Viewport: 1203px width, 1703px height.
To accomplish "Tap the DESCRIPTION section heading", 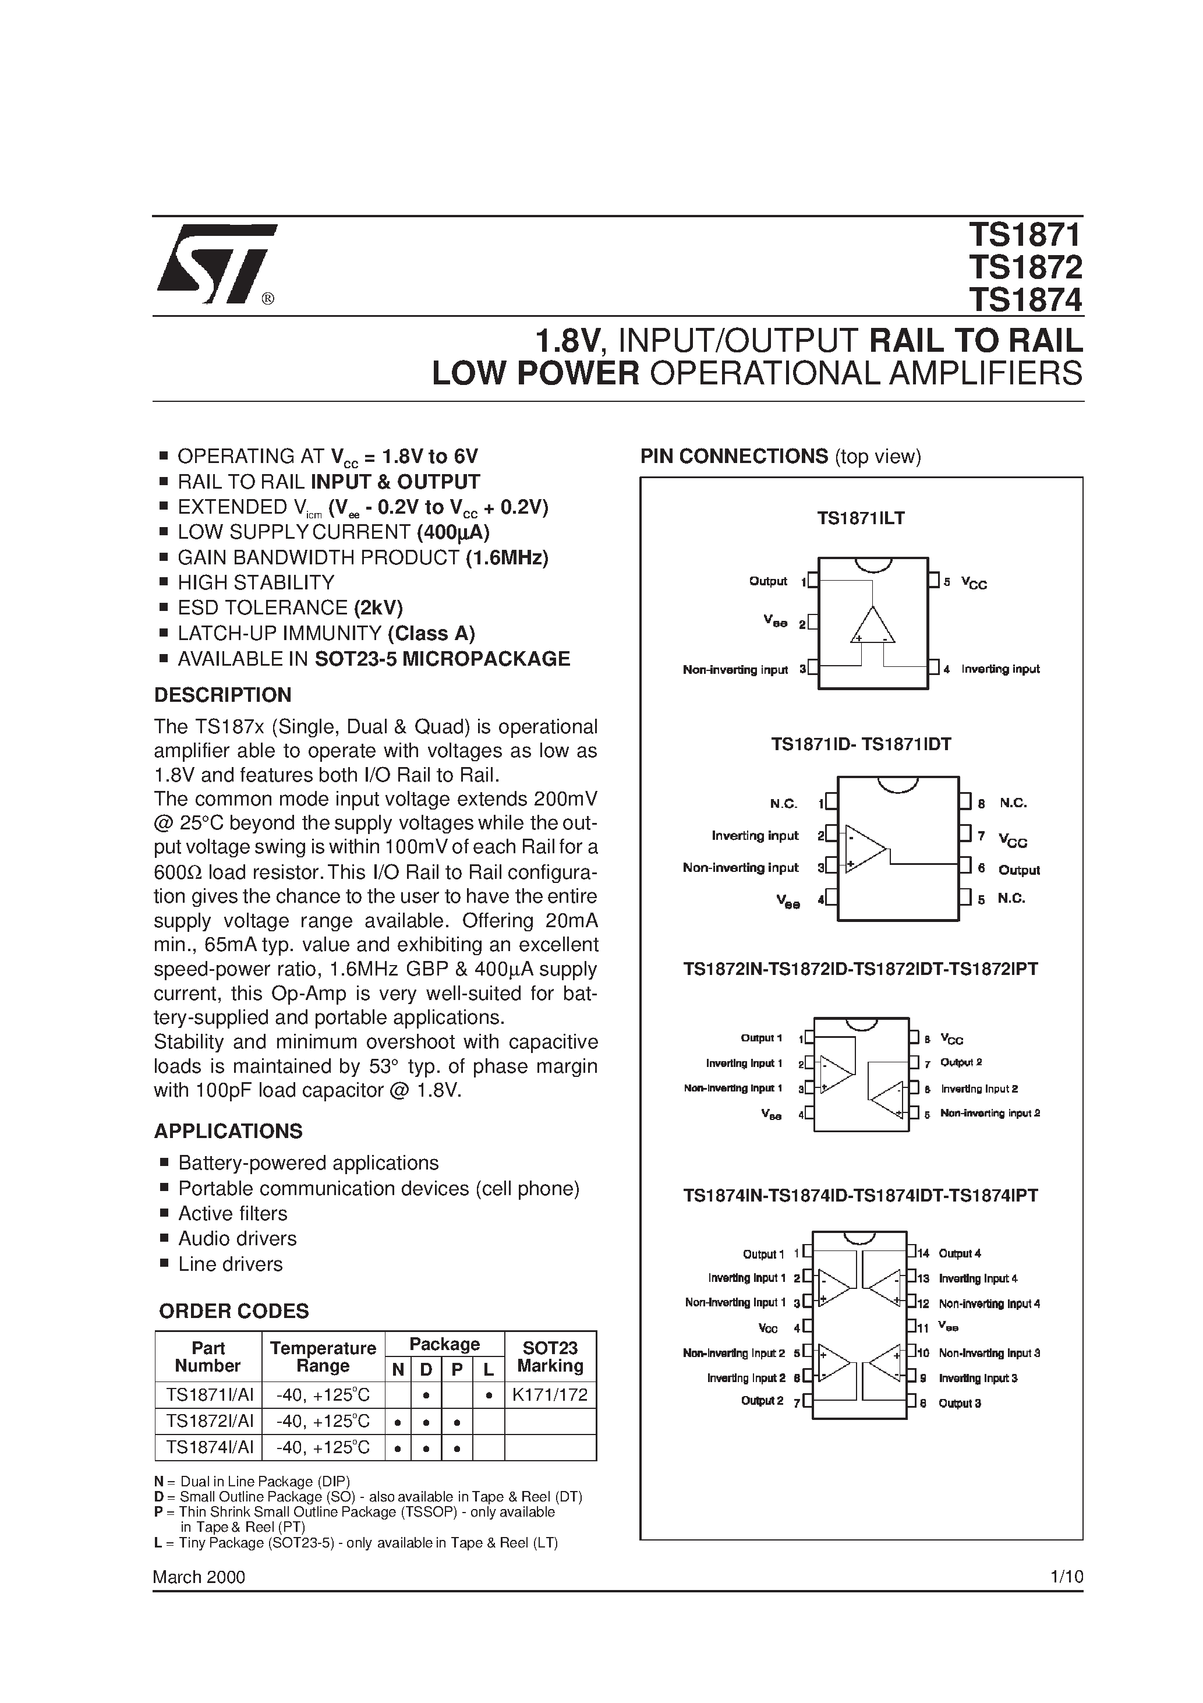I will (x=222, y=695).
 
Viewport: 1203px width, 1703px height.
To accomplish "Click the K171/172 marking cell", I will (x=550, y=1395).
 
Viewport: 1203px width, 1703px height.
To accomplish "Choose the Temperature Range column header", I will (x=323, y=1356).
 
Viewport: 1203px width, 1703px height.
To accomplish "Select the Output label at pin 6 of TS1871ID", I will (x=1018, y=870).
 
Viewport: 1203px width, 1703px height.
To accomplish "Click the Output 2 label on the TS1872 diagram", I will (x=960, y=1062).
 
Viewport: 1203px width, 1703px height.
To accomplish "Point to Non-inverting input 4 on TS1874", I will (x=989, y=1303).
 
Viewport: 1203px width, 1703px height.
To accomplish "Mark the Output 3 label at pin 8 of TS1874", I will (x=960, y=1403).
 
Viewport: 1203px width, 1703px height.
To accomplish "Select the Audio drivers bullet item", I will (x=238, y=1239).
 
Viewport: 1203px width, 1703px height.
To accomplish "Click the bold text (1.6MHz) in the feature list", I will (x=507, y=558).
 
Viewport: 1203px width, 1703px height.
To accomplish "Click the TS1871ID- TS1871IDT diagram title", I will (x=861, y=744).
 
